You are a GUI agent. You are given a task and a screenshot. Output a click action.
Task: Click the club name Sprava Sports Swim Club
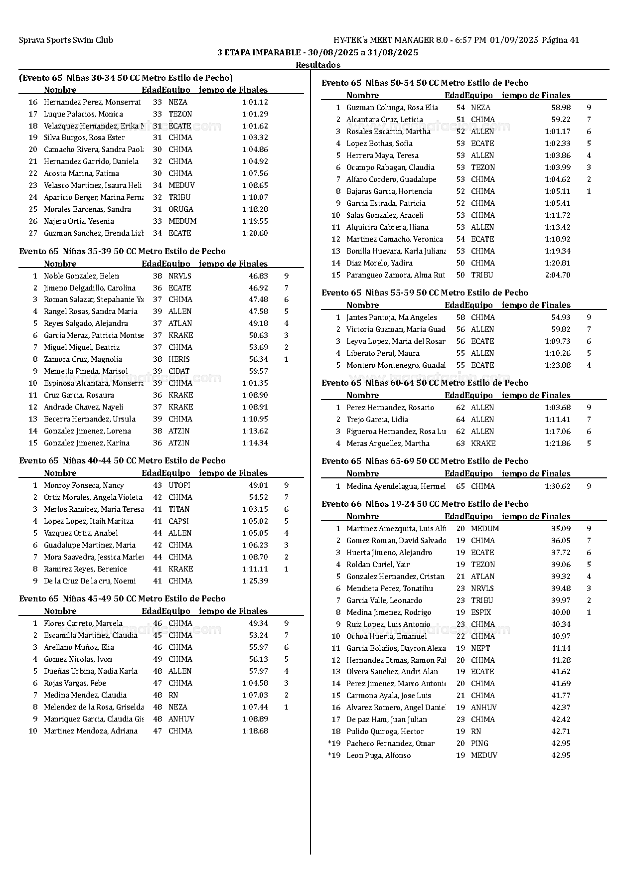point(66,40)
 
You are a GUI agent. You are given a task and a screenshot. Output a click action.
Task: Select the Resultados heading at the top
point(318,65)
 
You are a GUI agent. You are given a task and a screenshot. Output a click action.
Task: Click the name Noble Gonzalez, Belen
point(81,276)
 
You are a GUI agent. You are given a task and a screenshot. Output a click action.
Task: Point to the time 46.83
point(258,276)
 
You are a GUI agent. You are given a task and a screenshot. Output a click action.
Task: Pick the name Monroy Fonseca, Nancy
point(84,485)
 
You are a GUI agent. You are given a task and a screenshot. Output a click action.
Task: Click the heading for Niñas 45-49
point(122,599)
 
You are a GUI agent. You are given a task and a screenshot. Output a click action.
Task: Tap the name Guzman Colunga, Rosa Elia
point(392,108)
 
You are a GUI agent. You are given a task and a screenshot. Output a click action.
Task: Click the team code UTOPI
point(179,485)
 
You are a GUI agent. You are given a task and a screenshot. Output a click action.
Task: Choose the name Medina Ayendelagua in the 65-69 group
point(396,486)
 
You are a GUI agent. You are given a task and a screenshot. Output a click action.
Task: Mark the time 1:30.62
point(558,486)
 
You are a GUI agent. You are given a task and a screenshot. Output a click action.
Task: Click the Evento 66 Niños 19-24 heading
point(425,504)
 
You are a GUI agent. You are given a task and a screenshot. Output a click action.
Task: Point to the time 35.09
point(561,529)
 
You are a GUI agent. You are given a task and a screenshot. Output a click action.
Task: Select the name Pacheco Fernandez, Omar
point(390,743)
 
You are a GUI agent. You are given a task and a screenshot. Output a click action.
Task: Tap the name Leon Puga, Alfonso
point(378,755)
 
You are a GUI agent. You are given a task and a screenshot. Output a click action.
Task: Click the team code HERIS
point(179,359)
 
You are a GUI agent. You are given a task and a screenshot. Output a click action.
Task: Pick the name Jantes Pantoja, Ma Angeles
point(391,317)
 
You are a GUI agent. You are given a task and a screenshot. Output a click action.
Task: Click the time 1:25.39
point(255,581)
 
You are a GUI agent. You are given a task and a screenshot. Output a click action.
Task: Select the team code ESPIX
point(481,612)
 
